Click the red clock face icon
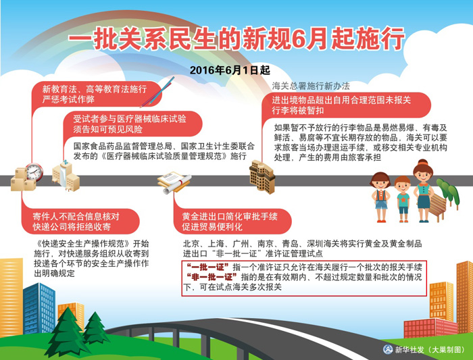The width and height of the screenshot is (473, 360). click(x=34, y=172)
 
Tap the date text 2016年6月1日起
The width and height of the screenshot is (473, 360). click(x=230, y=70)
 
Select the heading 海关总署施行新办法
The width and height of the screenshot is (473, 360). click(x=311, y=86)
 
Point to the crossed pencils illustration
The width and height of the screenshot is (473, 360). click(x=157, y=92)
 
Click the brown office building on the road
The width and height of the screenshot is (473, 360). click(x=262, y=176)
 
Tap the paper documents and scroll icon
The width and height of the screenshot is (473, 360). click(x=174, y=182)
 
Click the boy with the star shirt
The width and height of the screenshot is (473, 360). click(x=403, y=199)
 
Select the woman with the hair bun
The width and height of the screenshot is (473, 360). click(x=424, y=190)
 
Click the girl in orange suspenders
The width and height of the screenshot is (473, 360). click(x=380, y=197)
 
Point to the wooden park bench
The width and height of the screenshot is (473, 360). click(x=437, y=206)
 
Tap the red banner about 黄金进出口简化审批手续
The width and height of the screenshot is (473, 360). click(x=232, y=222)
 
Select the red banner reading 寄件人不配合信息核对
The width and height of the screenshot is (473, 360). click(x=80, y=222)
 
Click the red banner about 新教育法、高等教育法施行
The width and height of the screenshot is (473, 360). click(x=97, y=94)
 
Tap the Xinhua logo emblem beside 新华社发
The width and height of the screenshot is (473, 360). click(x=388, y=349)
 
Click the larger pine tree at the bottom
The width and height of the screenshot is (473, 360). click(x=67, y=332)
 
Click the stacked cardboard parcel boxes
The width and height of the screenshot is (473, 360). click(x=22, y=180)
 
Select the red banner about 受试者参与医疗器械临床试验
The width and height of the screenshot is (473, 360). click(x=132, y=124)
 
